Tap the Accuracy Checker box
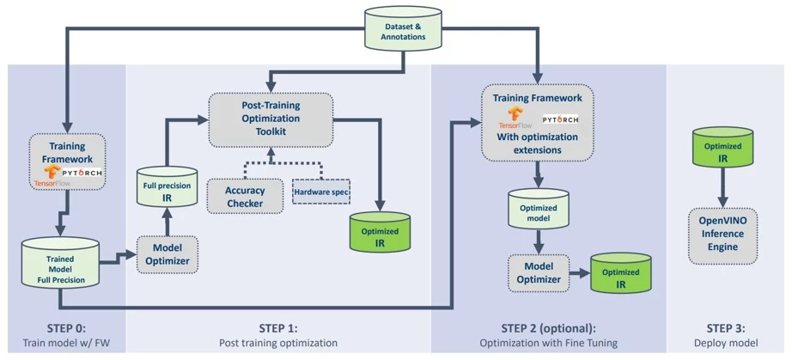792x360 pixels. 245,196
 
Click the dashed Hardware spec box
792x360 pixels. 323,190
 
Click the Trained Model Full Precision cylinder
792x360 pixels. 60,265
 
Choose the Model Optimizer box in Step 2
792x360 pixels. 538,273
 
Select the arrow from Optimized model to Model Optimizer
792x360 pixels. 538,242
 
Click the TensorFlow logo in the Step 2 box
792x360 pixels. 516,120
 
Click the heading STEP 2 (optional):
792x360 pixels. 547,328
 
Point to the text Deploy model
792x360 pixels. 727,343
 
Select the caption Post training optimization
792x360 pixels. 279,343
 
